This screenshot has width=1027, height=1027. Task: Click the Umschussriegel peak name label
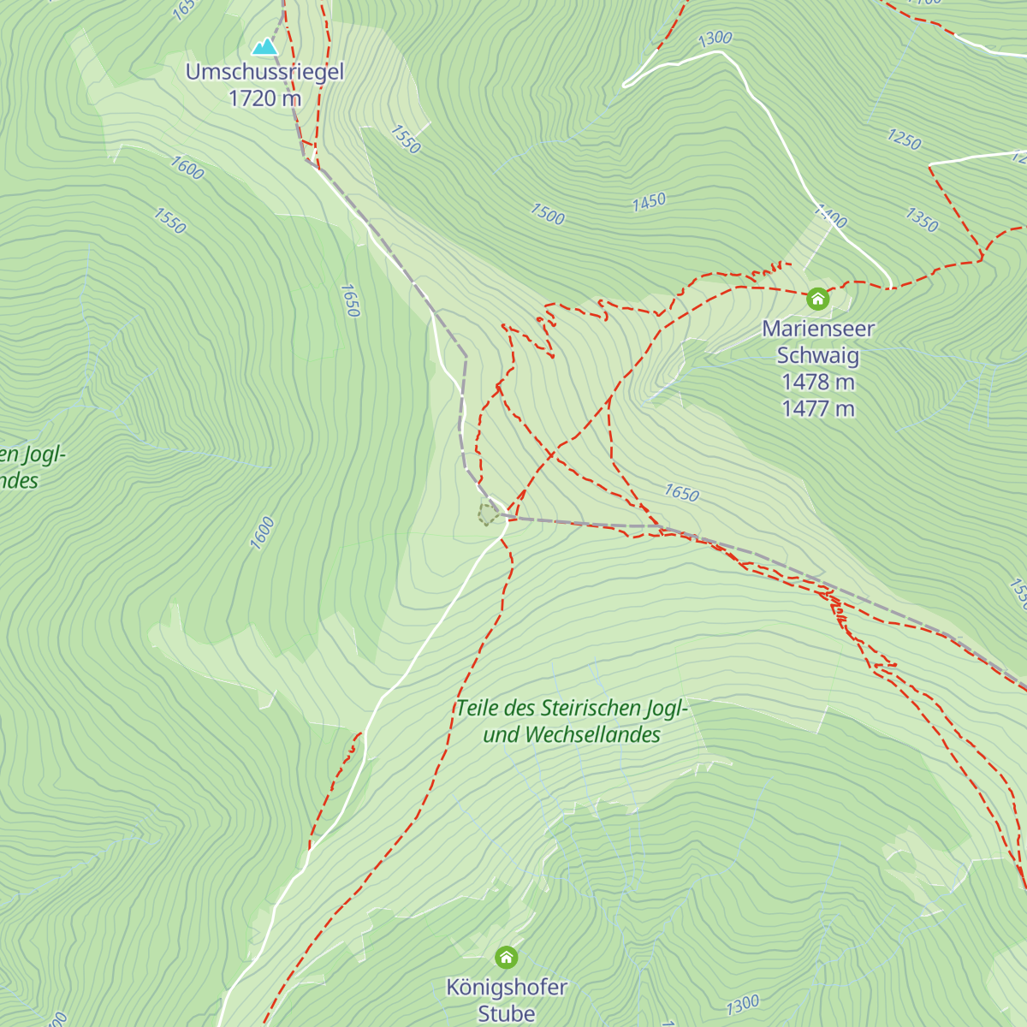pos(264,72)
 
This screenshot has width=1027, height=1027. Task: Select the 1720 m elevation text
pos(264,98)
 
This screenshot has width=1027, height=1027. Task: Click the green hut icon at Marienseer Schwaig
pos(817,299)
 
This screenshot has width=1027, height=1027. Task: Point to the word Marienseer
pos(818,329)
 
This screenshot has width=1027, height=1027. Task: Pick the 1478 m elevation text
pos(818,382)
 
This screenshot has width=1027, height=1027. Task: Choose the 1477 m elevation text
pos(818,408)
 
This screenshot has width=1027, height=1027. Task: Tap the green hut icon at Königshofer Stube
pos(507,956)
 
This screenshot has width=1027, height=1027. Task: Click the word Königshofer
pos(507,987)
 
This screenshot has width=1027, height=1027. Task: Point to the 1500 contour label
pos(548,214)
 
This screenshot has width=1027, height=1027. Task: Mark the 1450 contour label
pos(649,202)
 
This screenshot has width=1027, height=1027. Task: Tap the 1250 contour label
pos(904,139)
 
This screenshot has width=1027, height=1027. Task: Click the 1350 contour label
pos(922,220)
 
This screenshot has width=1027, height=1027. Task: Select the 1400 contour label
pos(830,216)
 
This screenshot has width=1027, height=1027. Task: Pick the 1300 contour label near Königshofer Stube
pos(742,1003)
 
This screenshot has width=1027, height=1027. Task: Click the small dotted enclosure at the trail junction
pos(488,514)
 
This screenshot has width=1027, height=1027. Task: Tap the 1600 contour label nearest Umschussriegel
pos(187,168)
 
